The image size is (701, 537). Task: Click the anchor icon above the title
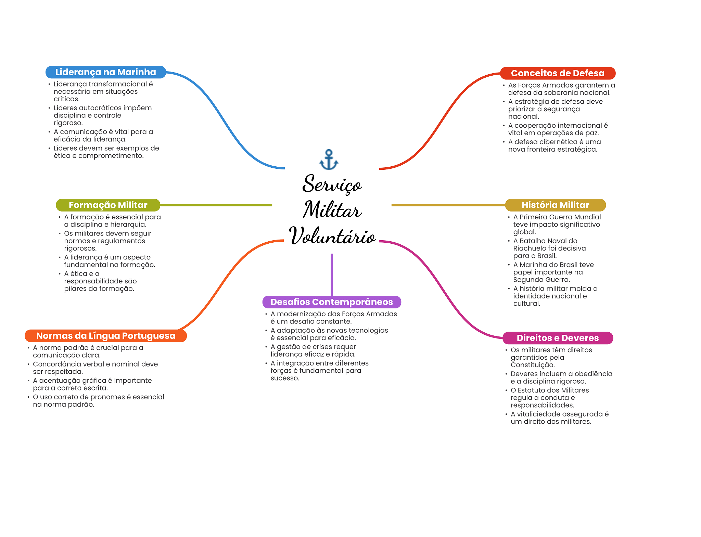pos(329,160)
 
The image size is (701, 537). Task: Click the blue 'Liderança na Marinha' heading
pos(106,72)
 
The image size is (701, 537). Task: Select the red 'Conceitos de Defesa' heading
pos(558,73)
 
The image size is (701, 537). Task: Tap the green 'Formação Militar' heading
pos(108,205)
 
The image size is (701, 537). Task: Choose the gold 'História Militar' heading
pos(555,205)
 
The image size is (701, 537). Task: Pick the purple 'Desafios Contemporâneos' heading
pos(332,302)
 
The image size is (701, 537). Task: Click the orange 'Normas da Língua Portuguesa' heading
pos(106,336)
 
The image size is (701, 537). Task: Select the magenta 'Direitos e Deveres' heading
pos(558,338)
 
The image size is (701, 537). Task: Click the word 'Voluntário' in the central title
pos(332,236)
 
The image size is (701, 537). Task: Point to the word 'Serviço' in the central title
pos(332,184)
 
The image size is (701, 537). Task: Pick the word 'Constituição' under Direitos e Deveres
pos(533,365)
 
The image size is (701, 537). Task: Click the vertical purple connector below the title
pos(332,274)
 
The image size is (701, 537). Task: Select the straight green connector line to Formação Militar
pos(216,205)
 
